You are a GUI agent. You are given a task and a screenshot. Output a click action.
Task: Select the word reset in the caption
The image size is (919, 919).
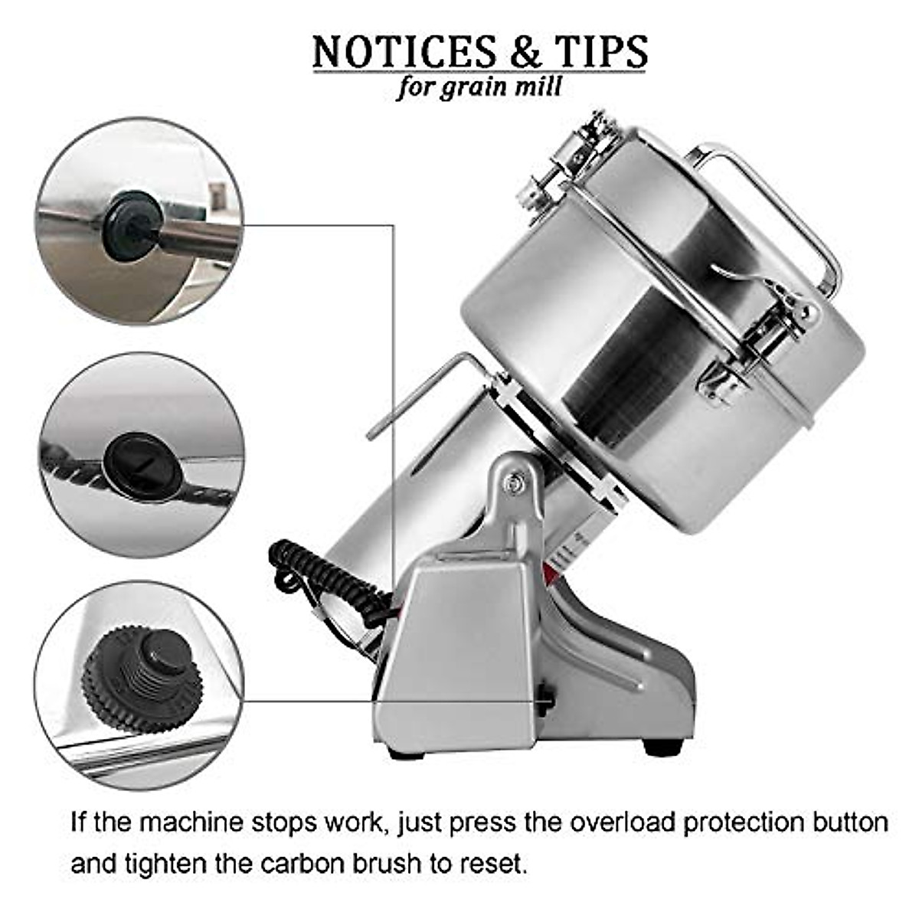tap(495, 864)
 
